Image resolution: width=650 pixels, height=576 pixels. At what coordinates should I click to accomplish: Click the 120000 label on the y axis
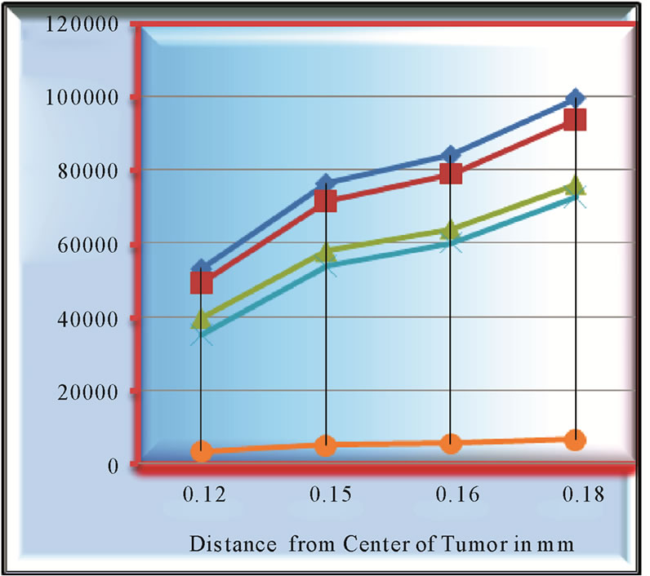[x=82, y=24]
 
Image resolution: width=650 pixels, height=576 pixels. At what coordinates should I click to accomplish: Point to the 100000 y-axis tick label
[x=82, y=98]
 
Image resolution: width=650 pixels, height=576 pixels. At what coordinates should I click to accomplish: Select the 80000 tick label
[x=88, y=171]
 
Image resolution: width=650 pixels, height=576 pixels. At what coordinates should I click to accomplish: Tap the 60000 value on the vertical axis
[x=88, y=245]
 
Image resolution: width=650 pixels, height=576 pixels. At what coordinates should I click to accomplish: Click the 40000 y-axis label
[x=88, y=319]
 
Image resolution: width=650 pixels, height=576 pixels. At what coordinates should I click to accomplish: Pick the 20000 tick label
[x=88, y=392]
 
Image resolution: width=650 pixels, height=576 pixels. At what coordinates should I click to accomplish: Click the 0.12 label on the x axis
[x=204, y=494]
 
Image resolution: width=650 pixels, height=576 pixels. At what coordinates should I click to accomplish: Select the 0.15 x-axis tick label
[x=331, y=494]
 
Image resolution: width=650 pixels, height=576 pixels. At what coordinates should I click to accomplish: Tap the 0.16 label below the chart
[x=457, y=494]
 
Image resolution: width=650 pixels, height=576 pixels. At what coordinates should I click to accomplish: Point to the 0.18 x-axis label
[x=583, y=494]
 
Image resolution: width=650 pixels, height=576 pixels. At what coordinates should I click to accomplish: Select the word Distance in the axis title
[x=233, y=543]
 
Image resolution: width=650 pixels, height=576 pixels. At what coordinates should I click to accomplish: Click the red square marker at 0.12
[x=202, y=283]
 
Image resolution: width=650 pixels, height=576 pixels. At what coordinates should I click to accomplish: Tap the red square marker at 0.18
[x=576, y=120]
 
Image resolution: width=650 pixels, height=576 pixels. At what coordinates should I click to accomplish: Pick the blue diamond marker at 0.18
[x=576, y=99]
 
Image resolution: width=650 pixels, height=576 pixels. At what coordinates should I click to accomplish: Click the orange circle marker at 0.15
[x=326, y=445]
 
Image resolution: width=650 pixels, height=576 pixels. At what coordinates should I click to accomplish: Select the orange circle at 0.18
[x=576, y=440]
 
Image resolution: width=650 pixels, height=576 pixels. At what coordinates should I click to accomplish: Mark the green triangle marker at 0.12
[x=202, y=320]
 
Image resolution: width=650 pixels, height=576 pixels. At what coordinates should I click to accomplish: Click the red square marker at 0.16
[x=451, y=173]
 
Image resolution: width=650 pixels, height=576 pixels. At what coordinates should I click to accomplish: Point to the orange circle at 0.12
[x=202, y=451]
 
